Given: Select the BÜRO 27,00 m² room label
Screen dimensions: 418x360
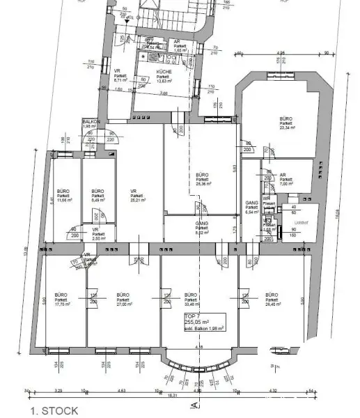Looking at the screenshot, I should pyautogui.click(x=123, y=300).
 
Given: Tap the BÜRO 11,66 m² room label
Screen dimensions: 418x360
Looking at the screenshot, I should pyautogui.click(x=63, y=195).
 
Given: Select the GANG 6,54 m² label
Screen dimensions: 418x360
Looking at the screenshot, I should pyautogui.click(x=252, y=208).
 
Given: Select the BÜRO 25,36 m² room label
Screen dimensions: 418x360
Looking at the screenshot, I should pyautogui.click(x=203, y=178).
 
